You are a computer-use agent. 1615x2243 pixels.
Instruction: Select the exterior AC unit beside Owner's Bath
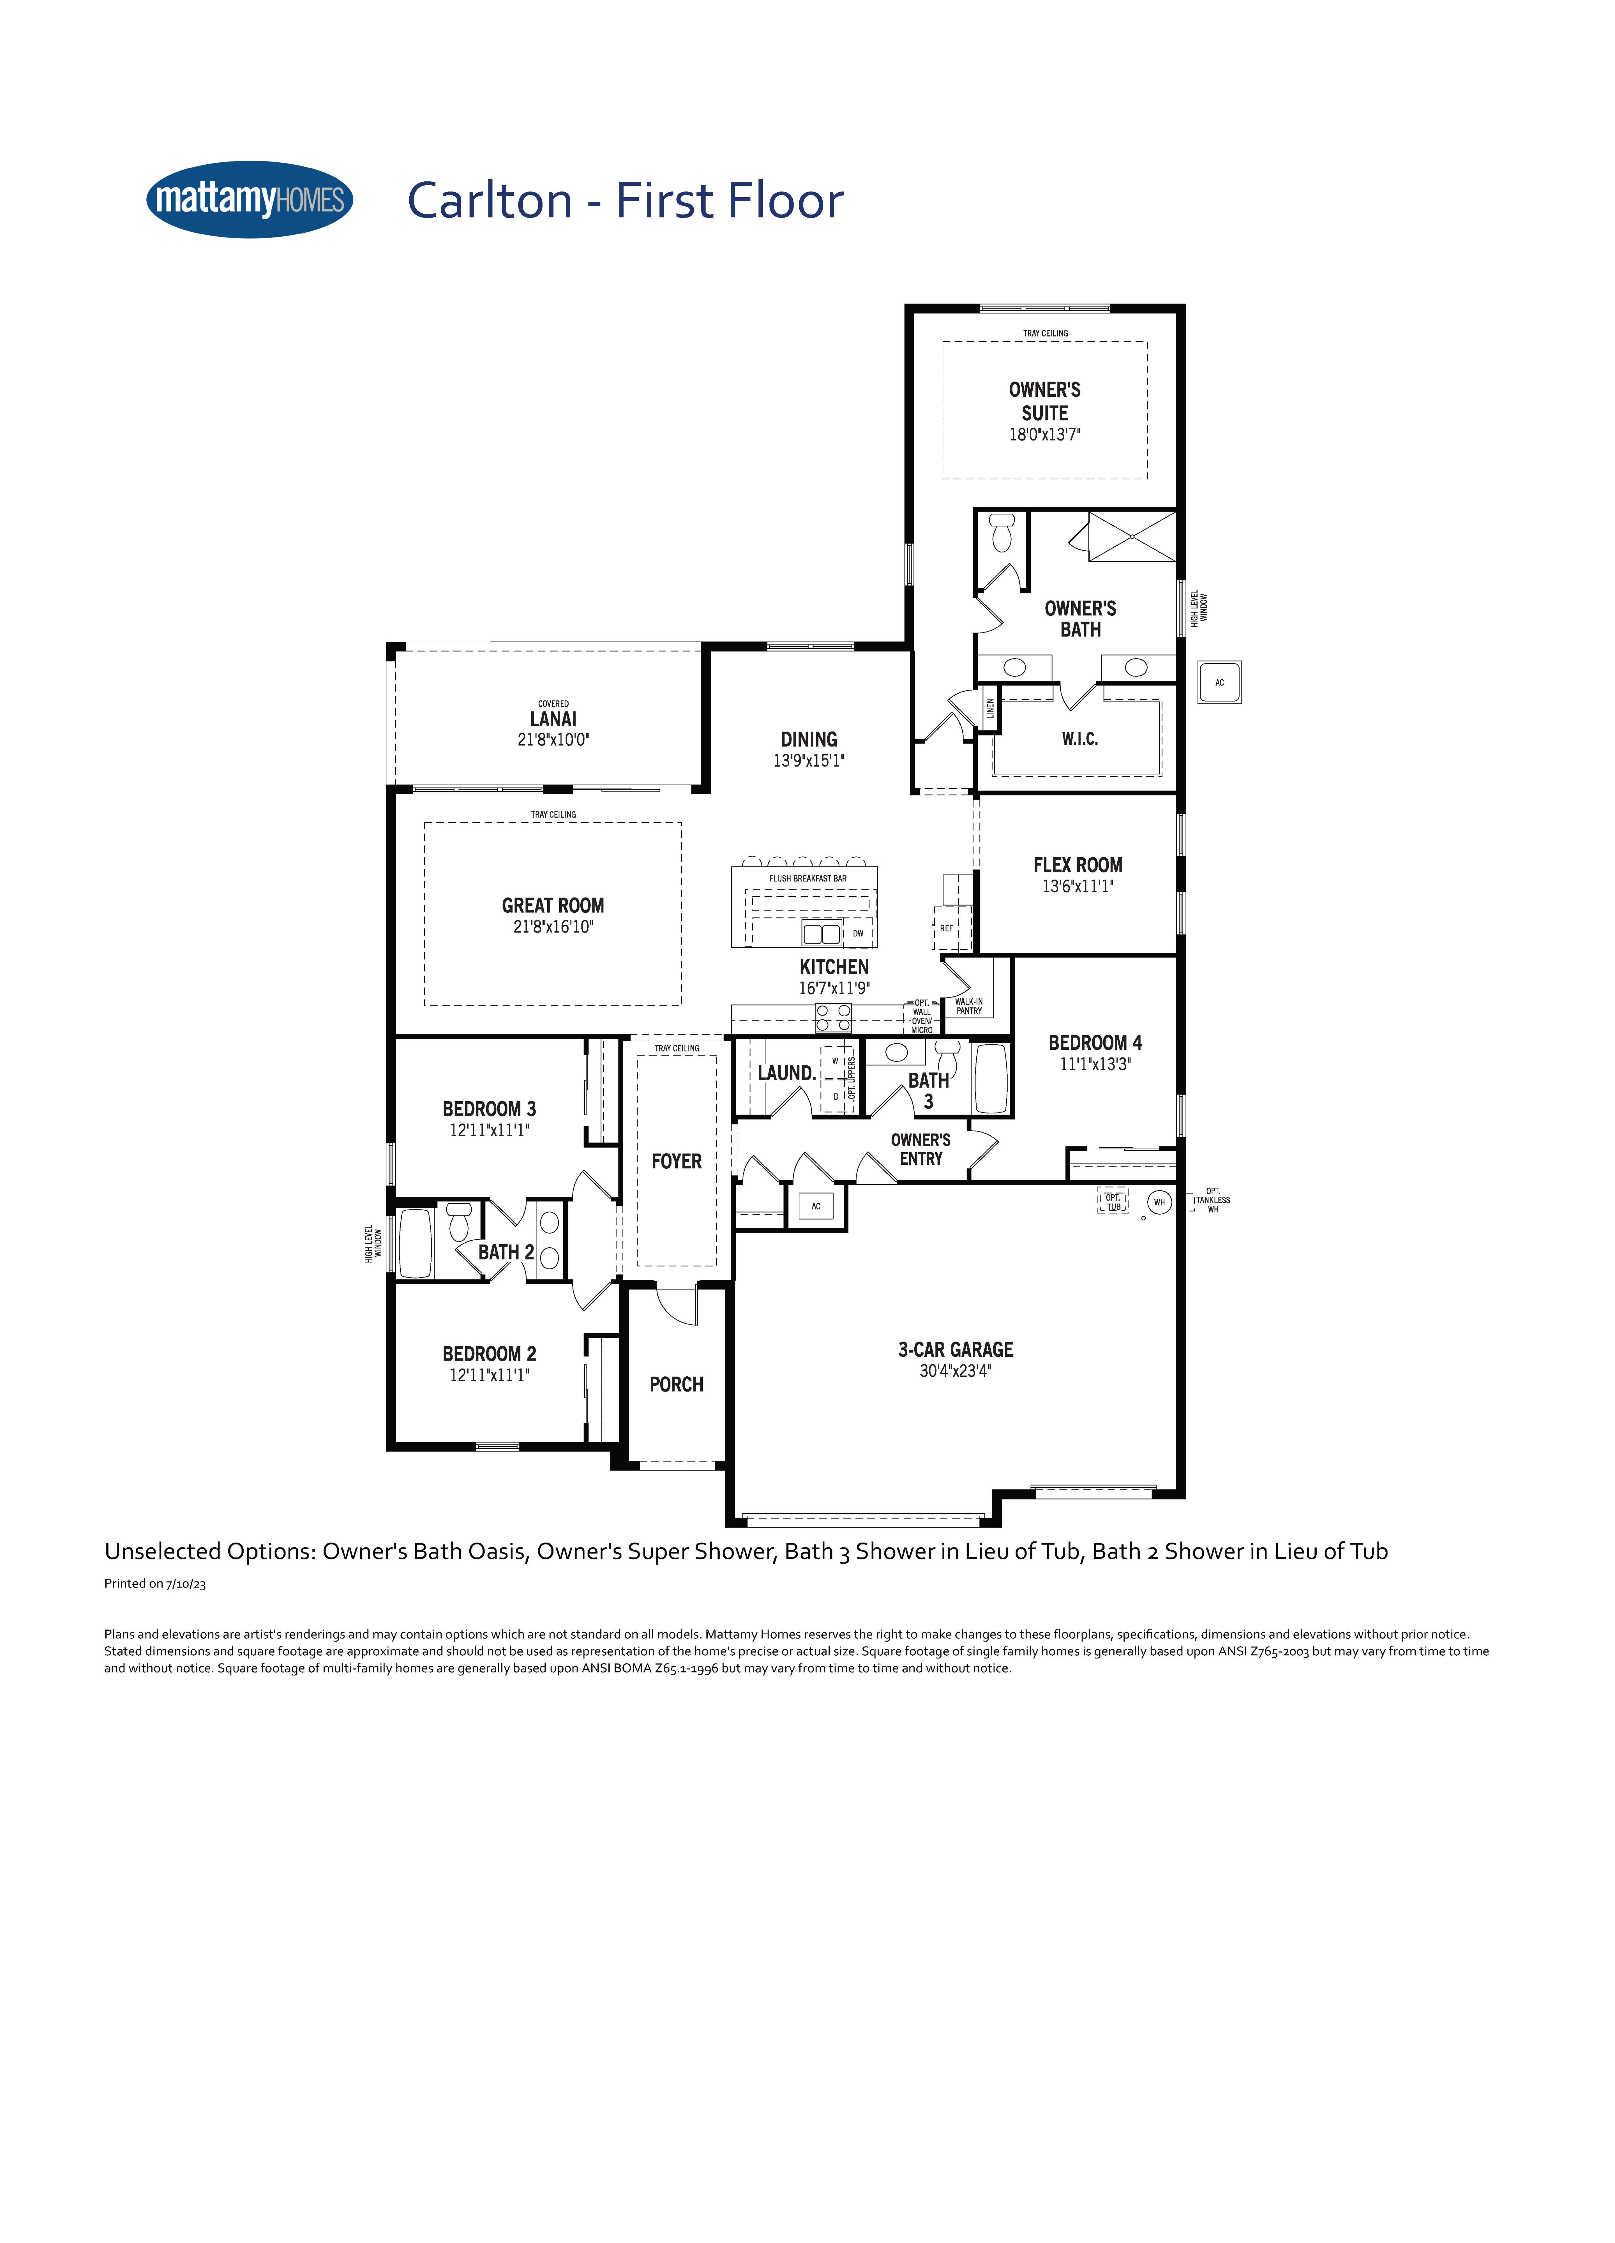tap(1219, 682)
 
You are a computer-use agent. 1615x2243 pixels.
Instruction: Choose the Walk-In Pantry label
tap(969, 1006)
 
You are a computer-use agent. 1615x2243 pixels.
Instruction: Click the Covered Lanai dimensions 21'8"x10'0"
tap(553, 740)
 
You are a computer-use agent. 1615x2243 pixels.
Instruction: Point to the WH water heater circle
tap(1159, 1203)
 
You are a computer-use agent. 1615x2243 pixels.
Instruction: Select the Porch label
tap(677, 1384)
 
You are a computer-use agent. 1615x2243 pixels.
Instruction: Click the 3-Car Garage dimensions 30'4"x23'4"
tap(955, 1371)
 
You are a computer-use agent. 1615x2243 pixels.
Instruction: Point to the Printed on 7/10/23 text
tap(155, 1583)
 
